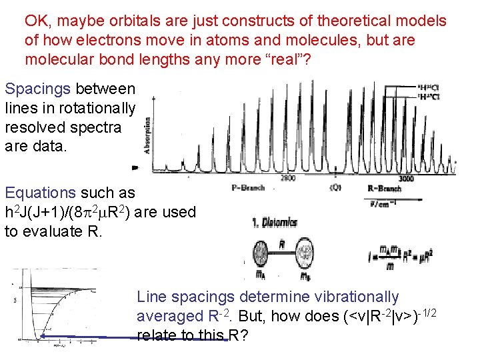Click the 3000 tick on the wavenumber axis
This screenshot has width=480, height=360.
point(405,178)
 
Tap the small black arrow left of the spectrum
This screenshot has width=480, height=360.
point(136,169)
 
